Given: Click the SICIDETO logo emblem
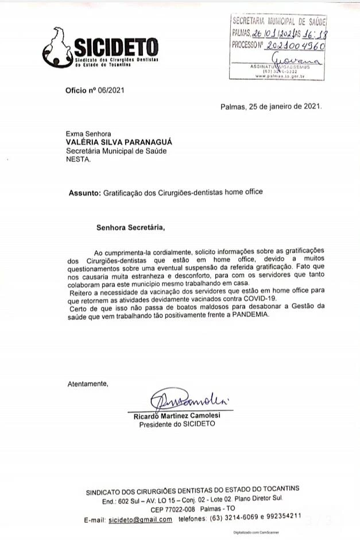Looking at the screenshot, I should tap(57, 46).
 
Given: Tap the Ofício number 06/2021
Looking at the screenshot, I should tap(111, 90).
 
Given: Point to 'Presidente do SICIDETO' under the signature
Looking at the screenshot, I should tap(177, 424).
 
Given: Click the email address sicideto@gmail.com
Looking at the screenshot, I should tap(141, 519).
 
